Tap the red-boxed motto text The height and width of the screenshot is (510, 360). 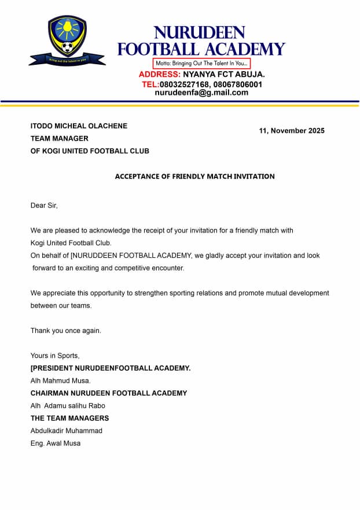point(201,63)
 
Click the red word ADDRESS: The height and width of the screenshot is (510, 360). point(160,75)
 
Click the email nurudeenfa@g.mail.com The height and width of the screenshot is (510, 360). point(201,93)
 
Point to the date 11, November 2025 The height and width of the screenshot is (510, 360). point(292,131)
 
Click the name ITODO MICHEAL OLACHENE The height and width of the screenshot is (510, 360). point(79,126)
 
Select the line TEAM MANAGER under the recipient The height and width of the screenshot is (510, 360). point(60,139)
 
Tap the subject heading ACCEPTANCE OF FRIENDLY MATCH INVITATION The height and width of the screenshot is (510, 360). point(194,176)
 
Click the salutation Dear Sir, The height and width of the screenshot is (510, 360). point(45,205)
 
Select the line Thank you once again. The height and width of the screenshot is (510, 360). point(66,331)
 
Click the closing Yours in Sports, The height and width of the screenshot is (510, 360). point(55,356)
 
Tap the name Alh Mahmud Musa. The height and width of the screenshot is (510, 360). point(60,380)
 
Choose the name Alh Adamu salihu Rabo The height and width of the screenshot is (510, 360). point(68,406)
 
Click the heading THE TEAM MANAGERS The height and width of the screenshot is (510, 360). point(69,418)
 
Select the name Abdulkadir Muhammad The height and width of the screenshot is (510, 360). point(67,431)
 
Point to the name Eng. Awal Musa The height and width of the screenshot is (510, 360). point(56,444)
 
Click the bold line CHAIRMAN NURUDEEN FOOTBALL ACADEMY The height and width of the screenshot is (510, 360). point(109,393)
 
